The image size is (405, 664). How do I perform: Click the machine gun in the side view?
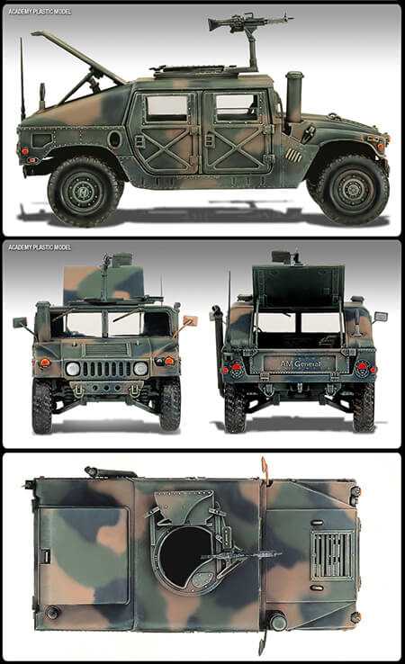pos(247,22)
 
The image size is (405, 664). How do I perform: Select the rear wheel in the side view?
pos(83,192)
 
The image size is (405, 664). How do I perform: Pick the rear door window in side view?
pos(166,108)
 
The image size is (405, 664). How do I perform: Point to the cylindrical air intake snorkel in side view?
pos(294,97)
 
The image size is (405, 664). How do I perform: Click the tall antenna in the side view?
pos(22,78)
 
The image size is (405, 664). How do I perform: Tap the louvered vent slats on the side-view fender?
pos(293,155)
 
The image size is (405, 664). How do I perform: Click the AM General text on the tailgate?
pos(301,363)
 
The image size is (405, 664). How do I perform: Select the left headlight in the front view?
pos(72,369)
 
